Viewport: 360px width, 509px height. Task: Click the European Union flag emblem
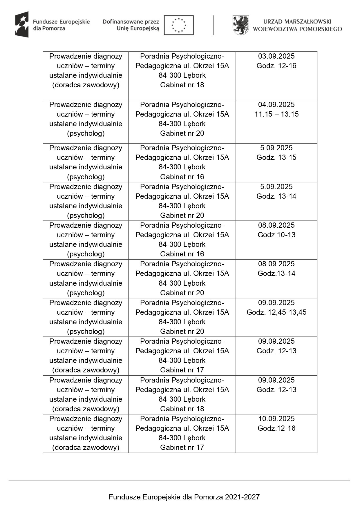tap(178, 25)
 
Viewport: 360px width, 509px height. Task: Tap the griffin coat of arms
tap(240, 25)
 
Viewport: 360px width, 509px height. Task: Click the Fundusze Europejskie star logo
tap(22, 25)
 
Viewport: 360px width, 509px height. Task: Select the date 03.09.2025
tap(276, 56)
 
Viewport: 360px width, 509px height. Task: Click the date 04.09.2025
tap(276, 105)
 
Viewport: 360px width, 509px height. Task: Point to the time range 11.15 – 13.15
tap(276, 114)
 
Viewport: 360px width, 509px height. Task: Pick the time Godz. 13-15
tap(276, 157)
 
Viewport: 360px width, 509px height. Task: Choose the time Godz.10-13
tap(276, 235)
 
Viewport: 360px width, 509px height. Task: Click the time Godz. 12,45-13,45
tap(276, 312)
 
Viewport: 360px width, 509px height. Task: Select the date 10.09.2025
tap(276, 419)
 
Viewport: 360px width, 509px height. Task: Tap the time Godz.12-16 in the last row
tap(276, 428)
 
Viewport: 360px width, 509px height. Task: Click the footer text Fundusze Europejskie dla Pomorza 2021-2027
tap(184, 497)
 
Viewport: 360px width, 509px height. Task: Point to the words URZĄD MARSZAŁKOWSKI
tap(297, 21)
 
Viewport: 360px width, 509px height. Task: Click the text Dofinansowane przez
tap(131, 22)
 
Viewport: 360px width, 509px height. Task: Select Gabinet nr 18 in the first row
tap(182, 85)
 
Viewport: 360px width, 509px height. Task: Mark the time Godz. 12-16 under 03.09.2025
tap(276, 66)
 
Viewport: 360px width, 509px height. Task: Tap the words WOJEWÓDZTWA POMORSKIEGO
tap(297, 29)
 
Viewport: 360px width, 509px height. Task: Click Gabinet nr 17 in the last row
tap(182, 448)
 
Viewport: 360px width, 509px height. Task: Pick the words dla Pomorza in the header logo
tap(49, 28)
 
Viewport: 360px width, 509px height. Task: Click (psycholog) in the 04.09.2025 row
tap(86, 133)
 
